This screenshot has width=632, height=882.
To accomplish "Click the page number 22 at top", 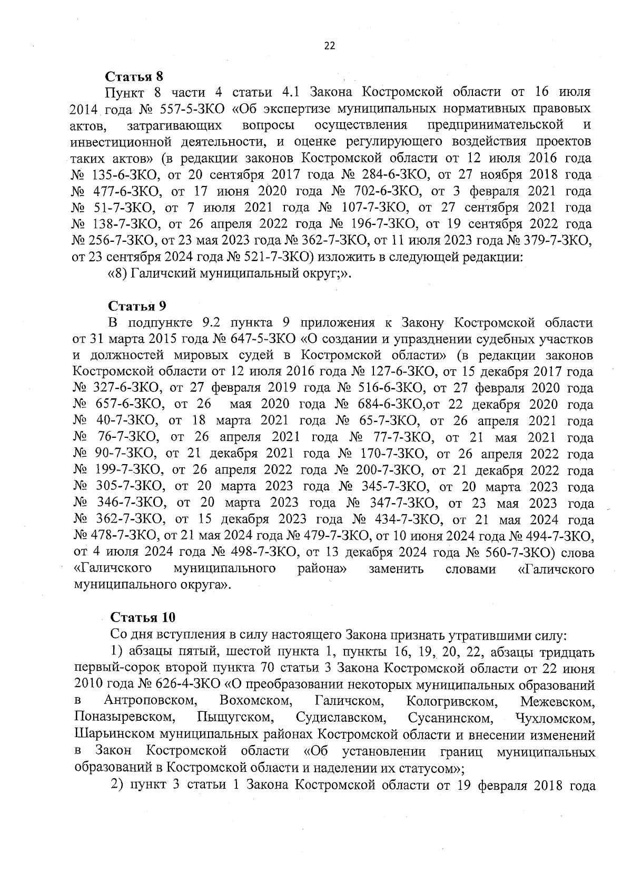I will (x=329, y=46).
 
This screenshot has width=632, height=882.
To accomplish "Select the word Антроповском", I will (x=151, y=702).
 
